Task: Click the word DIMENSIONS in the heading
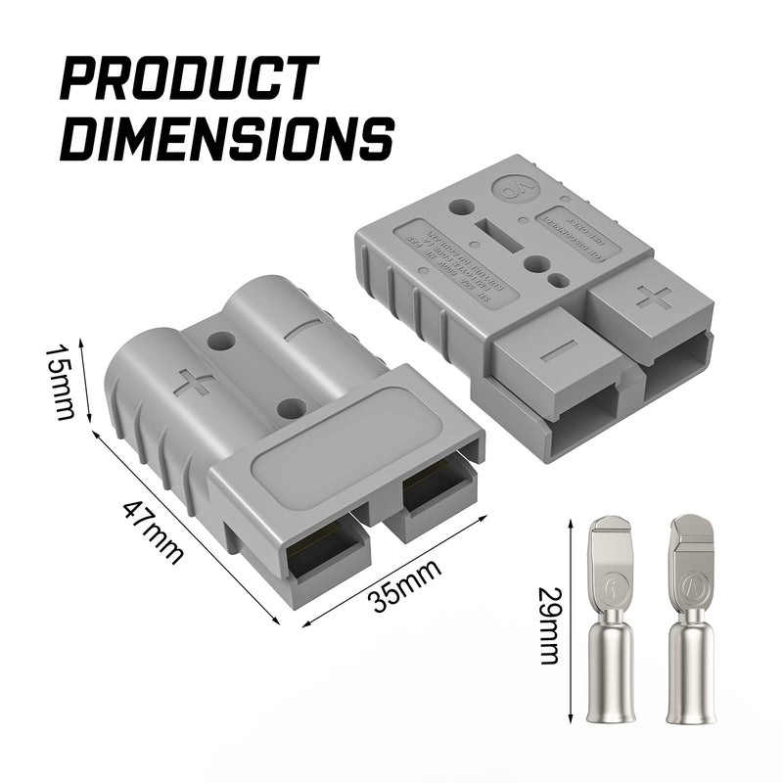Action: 226,138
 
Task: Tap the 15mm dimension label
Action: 61,382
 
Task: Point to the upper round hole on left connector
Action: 222,343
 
